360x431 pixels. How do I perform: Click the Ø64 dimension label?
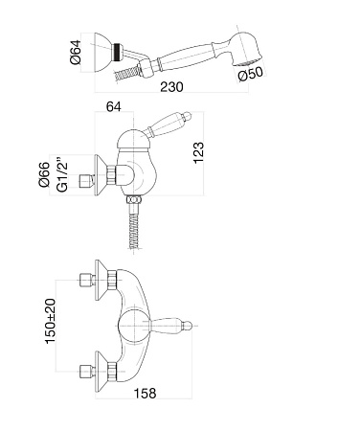click(x=77, y=52)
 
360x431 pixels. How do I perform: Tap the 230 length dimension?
click(x=171, y=87)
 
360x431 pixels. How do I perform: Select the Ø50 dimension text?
click(x=251, y=74)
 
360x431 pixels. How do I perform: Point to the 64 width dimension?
click(x=114, y=106)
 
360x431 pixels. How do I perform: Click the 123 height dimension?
click(x=198, y=153)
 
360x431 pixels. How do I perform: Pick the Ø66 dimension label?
click(x=44, y=174)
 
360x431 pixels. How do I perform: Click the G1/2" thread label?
click(x=62, y=174)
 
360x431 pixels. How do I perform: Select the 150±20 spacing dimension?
click(x=50, y=321)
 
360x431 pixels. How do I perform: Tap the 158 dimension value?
click(x=145, y=394)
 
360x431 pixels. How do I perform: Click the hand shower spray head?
click(x=245, y=49)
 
